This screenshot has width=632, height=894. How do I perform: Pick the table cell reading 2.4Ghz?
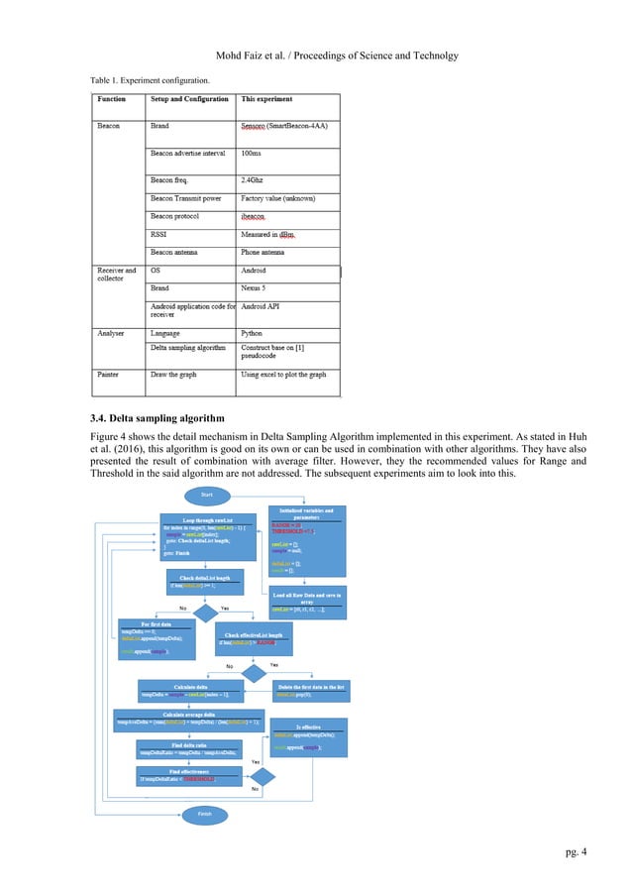coord(260,178)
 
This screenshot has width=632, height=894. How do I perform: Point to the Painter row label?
coord(109,377)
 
